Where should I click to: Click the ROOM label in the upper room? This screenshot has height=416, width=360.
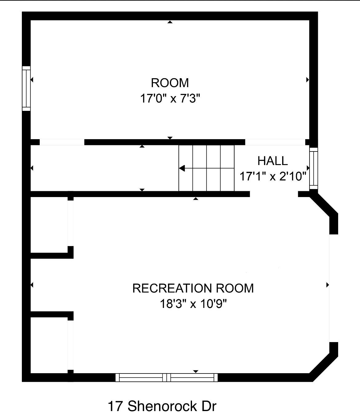170,83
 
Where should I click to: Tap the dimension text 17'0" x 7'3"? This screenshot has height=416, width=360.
170,99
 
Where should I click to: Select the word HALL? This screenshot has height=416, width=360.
273,161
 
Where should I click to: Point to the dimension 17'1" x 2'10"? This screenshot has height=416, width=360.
273,176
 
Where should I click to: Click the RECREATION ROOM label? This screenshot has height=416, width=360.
193,288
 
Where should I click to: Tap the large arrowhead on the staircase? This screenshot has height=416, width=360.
182,168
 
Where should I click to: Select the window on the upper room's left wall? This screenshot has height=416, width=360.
26,89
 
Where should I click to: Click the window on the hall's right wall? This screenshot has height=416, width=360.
314,169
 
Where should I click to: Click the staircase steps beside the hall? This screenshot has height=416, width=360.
206,168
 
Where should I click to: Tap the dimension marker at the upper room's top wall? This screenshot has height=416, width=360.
170,22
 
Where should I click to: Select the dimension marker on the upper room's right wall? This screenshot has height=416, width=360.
307,80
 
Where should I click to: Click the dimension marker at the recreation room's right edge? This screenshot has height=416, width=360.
328,285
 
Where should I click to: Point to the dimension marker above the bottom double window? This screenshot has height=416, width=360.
196,371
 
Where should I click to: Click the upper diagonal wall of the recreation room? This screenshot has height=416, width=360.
324,205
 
